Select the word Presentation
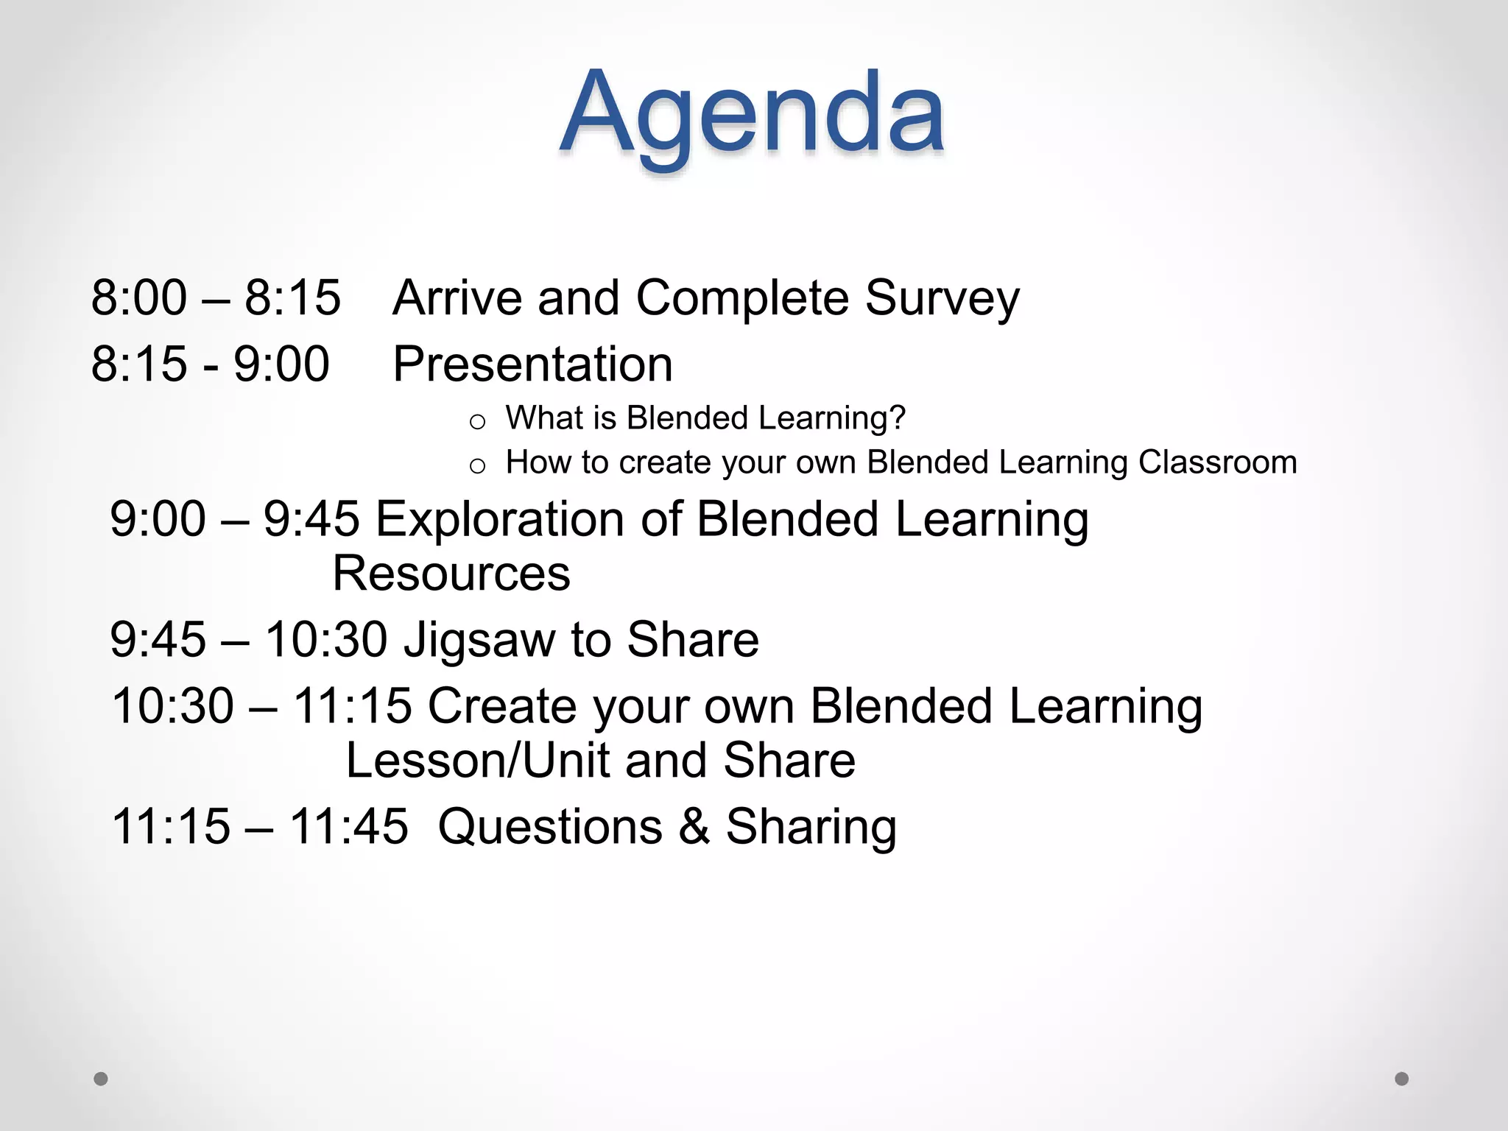point(532,364)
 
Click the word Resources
point(451,574)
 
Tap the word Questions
point(549,826)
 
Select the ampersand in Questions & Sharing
point(694,826)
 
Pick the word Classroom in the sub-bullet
point(1217,462)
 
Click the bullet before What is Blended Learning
point(477,422)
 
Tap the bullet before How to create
point(477,466)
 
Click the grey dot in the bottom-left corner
point(101,1079)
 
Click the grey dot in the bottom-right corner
point(1402,1079)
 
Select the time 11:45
point(348,826)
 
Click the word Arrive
point(457,298)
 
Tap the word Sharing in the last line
point(811,826)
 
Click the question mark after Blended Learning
point(897,417)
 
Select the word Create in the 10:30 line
point(503,705)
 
